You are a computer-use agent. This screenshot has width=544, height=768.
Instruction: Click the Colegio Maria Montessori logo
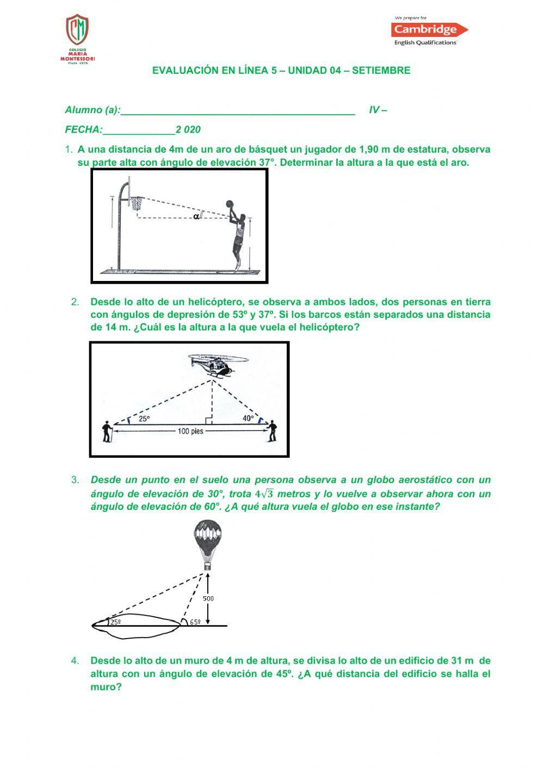(x=77, y=38)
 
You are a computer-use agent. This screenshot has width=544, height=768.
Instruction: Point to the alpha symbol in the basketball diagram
(x=196, y=216)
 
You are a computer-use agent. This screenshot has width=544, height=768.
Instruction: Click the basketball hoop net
(x=137, y=203)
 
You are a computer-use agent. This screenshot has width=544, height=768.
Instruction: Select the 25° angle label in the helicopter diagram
(x=144, y=419)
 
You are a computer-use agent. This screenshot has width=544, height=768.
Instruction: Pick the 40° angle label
(x=248, y=419)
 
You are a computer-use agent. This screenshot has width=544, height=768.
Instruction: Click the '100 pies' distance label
(x=190, y=432)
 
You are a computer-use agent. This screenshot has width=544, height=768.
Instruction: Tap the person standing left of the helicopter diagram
(x=107, y=432)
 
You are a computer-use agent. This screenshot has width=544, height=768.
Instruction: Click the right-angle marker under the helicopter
(x=208, y=420)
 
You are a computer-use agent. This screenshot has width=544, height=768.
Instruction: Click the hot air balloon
(x=207, y=544)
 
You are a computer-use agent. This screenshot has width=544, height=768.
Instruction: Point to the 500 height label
(x=208, y=598)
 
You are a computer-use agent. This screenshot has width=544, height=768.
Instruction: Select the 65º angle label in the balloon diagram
(x=195, y=622)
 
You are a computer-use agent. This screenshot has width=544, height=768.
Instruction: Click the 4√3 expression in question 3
(x=264, y=494)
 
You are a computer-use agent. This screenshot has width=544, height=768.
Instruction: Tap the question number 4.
(x=75, y=661)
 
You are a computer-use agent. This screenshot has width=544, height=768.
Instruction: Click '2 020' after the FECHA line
(x=188, y=130)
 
